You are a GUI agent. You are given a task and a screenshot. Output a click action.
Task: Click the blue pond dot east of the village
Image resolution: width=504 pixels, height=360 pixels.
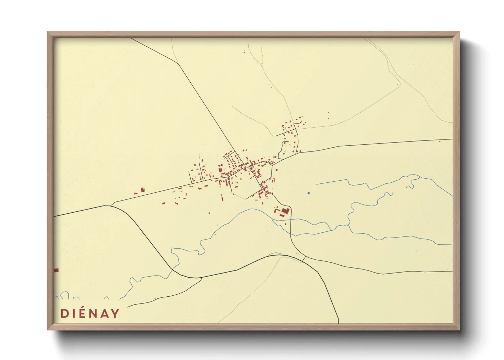(309, 193)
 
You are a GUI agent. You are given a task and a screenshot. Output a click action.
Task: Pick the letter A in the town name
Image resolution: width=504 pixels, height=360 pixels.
(104, 313)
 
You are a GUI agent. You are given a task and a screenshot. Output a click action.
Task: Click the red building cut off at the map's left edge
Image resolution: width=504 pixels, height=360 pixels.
(56, 270)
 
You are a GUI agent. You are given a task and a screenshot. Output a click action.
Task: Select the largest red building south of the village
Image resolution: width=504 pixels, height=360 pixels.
(285, 211)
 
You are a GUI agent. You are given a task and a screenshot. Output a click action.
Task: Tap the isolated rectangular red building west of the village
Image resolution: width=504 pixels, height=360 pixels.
(143, 190)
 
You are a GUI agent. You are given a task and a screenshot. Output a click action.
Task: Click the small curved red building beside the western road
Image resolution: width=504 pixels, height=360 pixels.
(136, 194)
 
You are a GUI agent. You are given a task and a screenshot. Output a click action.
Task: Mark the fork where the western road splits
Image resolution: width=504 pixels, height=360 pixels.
(111, 205)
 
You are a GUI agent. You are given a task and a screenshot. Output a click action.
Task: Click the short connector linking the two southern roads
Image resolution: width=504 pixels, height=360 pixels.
(304, 259)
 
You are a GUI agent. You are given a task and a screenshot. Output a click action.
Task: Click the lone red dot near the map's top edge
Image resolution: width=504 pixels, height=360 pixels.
(244, 52)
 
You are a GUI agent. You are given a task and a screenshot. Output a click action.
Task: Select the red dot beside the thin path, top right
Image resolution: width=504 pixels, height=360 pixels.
(398, 84)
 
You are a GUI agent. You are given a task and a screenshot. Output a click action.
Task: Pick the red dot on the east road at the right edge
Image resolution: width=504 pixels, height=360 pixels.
(440, 141)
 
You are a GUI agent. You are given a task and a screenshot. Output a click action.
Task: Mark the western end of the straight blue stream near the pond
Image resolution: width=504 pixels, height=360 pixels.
(316, 184)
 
